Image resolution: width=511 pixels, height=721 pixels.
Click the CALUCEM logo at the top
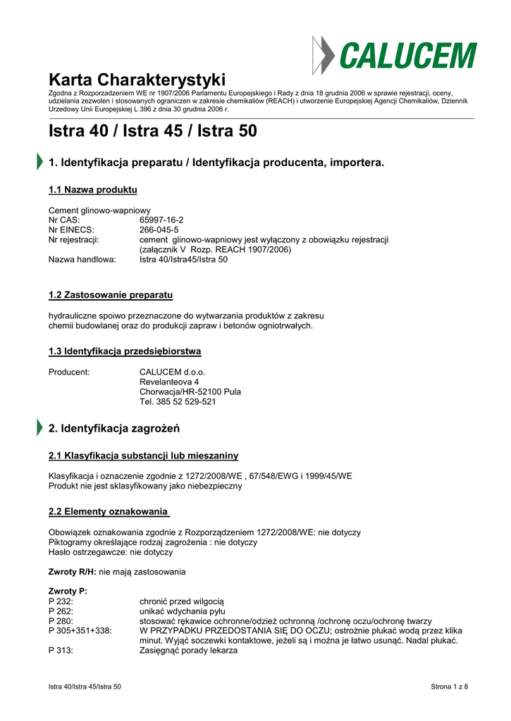point(395,55)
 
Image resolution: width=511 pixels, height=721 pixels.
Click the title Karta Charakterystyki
point(137,79)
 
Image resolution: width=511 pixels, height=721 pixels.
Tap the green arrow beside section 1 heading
point(39,162)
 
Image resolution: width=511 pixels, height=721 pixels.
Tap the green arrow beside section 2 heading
point(39,427)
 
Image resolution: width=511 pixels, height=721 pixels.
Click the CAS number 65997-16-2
point(161,220)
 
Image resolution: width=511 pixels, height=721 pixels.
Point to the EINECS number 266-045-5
point(159,230)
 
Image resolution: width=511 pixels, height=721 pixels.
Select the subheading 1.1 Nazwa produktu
point(92,190)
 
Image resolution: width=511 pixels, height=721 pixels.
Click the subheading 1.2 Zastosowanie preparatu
point(111,294)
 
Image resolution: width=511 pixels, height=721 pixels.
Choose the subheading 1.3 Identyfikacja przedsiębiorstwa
point(125,351)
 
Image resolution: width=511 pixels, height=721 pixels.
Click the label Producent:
point(69,372)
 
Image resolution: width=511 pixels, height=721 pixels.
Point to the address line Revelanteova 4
point(169,382)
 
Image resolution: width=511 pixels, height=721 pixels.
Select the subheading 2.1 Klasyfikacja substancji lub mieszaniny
point(143,456)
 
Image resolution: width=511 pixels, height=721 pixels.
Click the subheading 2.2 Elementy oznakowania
point(109,511)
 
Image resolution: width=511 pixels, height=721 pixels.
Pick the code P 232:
point(61,601)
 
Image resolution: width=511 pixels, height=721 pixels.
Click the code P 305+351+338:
point(80,631)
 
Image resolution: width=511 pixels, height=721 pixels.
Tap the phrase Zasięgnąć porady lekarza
point(188,651)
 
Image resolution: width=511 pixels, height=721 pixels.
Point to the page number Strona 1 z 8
point(449,686)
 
